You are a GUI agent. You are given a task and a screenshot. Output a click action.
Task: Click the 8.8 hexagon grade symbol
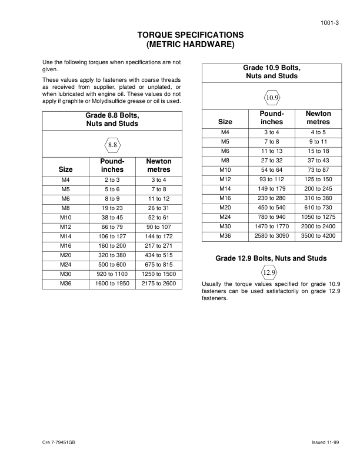tap(113, 144)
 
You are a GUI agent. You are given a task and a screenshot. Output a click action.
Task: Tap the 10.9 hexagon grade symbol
tap(272, 96)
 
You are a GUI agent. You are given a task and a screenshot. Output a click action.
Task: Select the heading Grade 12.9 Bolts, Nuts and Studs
tap(271, 258)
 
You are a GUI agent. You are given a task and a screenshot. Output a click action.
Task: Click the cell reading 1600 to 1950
tap(112, 284)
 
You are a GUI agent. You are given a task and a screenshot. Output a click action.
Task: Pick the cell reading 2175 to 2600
tap(158, 284)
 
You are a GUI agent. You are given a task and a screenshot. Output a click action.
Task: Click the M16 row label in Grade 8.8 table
tap(66, 245)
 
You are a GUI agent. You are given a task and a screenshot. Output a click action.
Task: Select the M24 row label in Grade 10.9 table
tap(225, 217)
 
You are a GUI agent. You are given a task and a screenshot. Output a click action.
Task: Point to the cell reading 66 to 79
tap(112, 227)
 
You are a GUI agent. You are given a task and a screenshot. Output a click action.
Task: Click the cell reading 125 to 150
tap(318, 179)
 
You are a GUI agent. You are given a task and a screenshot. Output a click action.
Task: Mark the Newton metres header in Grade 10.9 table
tap(318, 118)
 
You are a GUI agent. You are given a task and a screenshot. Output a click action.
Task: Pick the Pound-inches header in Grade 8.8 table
tap(112, 165)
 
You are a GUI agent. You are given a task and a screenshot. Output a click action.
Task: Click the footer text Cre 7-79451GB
tap(59, 442)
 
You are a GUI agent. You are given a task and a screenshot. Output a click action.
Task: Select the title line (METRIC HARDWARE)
tap(189, 45)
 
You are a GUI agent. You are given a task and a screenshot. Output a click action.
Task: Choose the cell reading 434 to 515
tap(158, 255)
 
